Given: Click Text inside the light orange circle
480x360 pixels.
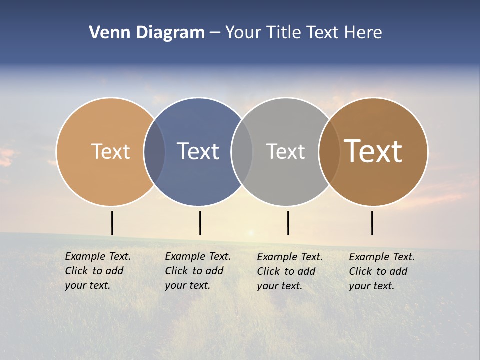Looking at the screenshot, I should (x=110, y=151).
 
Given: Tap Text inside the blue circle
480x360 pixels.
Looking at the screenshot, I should (x=198, y=151).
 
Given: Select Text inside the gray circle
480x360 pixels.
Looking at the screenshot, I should (x=285, y=151).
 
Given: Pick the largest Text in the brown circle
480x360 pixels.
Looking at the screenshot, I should (x=373, y=151).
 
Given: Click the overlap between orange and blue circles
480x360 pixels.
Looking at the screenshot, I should (x=154, y=151).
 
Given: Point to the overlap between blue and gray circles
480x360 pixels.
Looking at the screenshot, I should (x=242, y=151).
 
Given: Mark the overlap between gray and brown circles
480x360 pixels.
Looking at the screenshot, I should (x=329, y=151).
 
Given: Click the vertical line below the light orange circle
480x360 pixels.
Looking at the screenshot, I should (x=112, y=223).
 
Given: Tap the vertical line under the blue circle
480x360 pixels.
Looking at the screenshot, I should (x=200, y=223).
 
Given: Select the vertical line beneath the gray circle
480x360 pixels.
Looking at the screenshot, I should (x=288, y=223).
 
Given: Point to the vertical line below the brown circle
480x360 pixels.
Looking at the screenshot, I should (x=372, y=223).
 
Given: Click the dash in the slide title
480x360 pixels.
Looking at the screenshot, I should (x=215, y=33).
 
